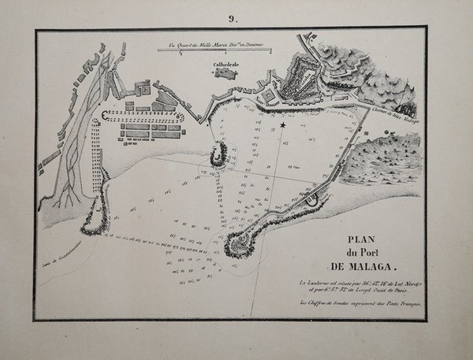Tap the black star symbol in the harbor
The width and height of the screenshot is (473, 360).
pyautogui.click(x=282, y=125)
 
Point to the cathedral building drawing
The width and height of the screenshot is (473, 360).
pyautogui.click(x=225, y=75)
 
